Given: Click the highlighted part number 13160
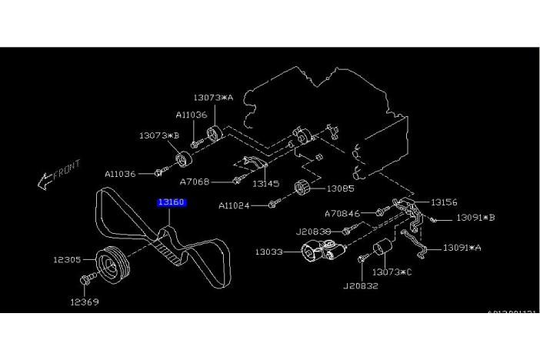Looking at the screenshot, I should pos(172,203).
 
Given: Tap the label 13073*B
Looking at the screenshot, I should pos(159,135).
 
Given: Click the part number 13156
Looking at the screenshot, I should pos(444,202).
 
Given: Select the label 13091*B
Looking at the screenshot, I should pos(475,218).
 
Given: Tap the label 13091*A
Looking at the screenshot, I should pos(462,248).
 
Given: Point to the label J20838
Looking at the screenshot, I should pos(313,230).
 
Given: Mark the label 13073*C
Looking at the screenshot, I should pos(392,272).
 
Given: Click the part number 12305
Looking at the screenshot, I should pos(68,260).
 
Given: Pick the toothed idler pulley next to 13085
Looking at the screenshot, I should pos(302,188).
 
